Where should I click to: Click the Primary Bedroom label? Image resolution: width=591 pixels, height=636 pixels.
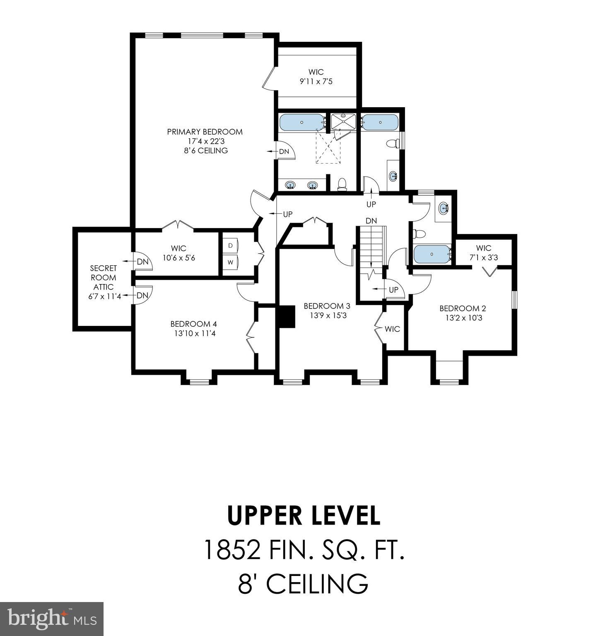[x=205, y=132]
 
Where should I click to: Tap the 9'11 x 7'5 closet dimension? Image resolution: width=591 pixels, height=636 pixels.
[x=316, y=82]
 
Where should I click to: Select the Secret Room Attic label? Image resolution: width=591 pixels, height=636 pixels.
[x=104, y=277]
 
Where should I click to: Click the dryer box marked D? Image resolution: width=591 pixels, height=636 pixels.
[x=230, y=246]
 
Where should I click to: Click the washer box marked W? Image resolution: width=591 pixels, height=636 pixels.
[x=230, y=263]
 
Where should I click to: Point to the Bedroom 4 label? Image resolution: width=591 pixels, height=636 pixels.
[x=193, y=324]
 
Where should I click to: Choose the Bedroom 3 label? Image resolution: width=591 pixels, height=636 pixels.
[x=327, y=306]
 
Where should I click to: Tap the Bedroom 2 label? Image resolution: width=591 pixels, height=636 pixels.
[x=462, y=308]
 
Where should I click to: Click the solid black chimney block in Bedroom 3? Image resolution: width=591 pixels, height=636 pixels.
[x=285, y=316]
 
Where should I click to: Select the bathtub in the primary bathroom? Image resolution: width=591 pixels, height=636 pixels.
[x=302, y=123]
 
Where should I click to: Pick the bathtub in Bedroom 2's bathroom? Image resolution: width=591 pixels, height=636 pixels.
[x=432, y=254]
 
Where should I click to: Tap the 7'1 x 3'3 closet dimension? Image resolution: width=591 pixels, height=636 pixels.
[x=484, y=258]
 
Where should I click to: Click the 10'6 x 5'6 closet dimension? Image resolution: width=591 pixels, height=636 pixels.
[x=179, y=258]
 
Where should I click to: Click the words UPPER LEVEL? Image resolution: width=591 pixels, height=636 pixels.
[x=303, y=516]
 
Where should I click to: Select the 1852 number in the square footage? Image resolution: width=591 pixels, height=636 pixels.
[x=232, y=550]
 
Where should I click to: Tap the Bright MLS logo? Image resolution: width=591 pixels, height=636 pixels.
[x=52, y=619]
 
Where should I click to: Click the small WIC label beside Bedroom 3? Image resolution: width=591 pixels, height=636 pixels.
[x=392, y=329]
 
